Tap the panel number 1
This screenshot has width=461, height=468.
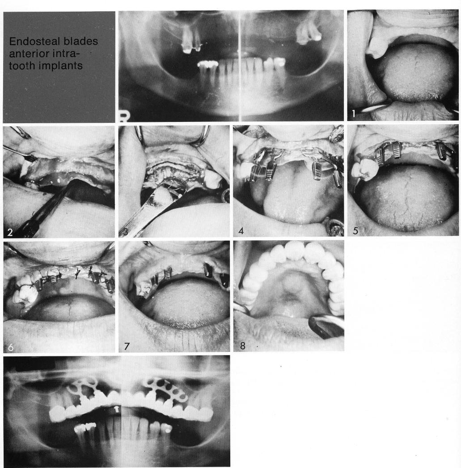[354, 113]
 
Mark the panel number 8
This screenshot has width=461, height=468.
[241, 344]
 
